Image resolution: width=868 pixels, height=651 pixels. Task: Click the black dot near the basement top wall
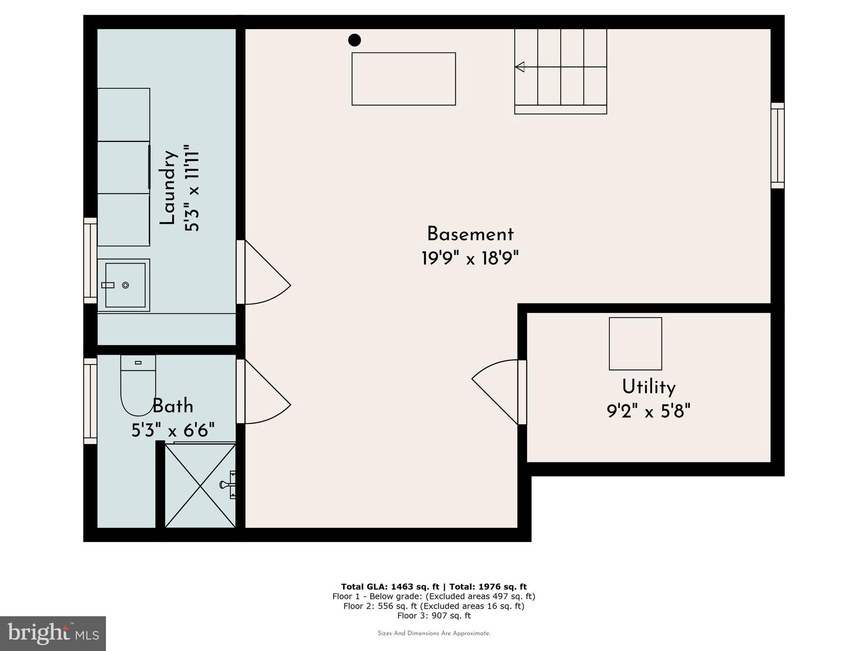(354, 40)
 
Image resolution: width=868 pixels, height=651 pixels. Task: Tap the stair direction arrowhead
(520, 67)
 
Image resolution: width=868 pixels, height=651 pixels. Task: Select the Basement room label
(470, 234)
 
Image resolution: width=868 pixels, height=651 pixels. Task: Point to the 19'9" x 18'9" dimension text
(470, 258)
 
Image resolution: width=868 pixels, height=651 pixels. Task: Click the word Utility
(648, 387)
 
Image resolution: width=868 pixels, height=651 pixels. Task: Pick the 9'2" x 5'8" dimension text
(648, 411)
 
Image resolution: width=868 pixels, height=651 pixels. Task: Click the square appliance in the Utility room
(635, 344)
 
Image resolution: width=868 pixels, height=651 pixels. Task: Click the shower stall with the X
(200, 486)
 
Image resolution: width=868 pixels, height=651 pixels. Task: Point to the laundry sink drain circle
(125, 285)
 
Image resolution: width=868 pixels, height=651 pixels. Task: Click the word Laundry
(168, 187)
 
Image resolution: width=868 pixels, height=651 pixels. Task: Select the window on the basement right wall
(777, 145)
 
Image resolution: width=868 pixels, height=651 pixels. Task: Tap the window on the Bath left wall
(90, 401)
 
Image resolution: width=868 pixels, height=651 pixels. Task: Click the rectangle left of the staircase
(403, 79)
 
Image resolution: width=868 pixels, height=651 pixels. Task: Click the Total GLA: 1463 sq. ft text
(390, 587)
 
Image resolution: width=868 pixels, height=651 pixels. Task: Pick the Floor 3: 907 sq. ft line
(434, 615)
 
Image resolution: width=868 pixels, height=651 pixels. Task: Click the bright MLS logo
(53, 633)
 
